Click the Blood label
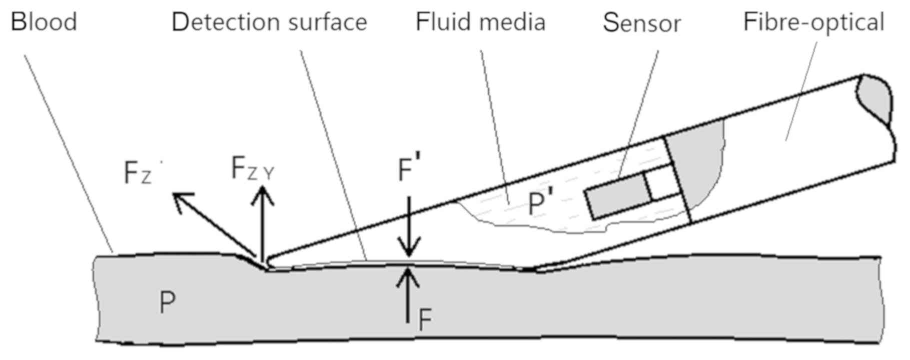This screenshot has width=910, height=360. coord(44,22)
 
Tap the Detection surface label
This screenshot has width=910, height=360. coord(269,22)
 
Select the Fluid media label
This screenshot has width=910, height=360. coord(480,22)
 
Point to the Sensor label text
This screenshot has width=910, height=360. coord(641,23)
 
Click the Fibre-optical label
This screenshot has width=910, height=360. coord(813,22)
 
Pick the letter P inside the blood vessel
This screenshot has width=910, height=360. coord(167,302)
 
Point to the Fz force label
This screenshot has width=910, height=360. coord(138,174)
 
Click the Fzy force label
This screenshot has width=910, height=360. coord(252,168)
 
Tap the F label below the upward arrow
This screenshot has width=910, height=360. coord(425,320)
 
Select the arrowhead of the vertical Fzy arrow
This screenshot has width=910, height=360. coord(262,192)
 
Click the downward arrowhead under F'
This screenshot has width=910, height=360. coord(409,249)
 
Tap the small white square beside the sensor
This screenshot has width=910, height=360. coord(663,184)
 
